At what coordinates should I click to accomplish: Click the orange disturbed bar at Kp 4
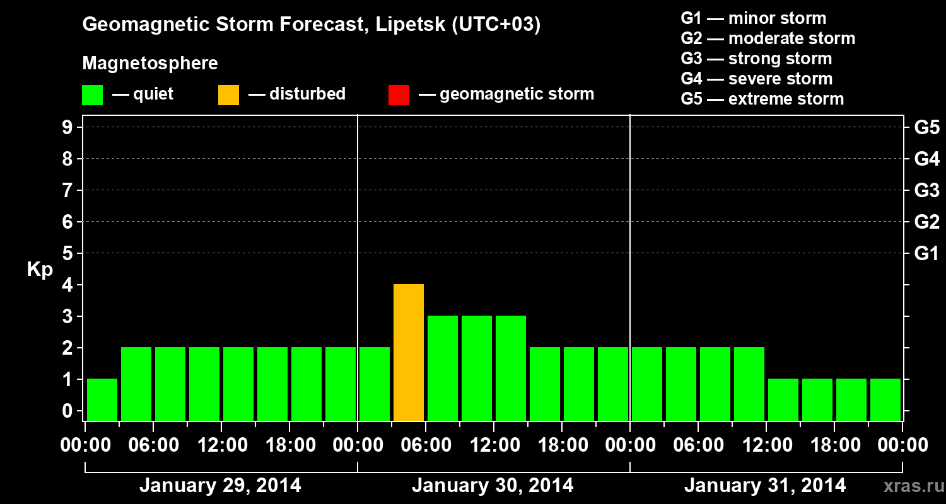coord(409,352)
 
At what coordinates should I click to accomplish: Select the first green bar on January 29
coord(102,399)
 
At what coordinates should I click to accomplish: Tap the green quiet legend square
coord(92,94)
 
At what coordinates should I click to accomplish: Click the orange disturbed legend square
coord(228,94)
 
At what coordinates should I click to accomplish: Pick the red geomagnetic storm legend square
coord(399,94)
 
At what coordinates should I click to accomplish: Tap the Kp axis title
coord(40,270)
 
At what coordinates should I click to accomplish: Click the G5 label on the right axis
coord(926,127)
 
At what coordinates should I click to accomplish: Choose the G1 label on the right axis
coord(926,253)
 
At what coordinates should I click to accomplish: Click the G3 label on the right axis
coord(926,190)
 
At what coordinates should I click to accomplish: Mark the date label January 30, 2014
coord(493,485)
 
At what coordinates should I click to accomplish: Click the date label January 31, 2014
coord(765,485)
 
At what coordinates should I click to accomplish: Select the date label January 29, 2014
coord(220,485)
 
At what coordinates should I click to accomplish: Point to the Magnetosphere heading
coord(150,64)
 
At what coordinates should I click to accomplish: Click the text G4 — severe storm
coord(757,79)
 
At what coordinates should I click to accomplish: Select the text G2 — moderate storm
coord(768,38)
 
